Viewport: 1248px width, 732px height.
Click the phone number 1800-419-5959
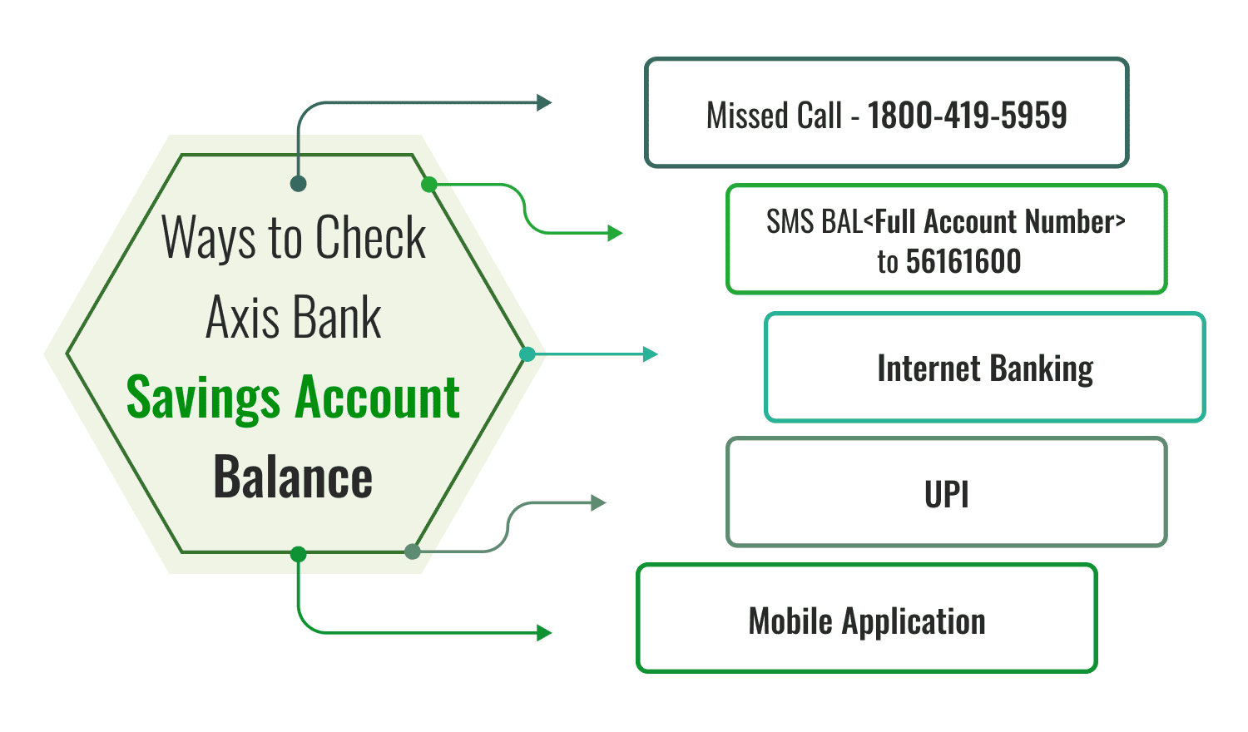coord(967,116)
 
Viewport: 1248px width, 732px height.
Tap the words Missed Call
coord(774,116)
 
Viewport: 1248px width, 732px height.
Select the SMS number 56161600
coord(963,262)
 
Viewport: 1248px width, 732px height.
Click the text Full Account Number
coord(999,222)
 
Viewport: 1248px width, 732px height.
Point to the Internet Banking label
coord(985,368)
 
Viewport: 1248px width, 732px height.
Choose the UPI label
coord(947,495)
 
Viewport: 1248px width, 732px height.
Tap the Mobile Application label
coord(867,621)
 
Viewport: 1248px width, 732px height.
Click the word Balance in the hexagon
coord(293,477)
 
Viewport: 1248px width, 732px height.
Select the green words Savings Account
coord(293,398)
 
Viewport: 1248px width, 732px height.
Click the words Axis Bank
coord(293,318)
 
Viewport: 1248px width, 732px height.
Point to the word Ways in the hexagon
coord(210,238)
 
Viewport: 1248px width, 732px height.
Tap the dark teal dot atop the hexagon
coord(298,184)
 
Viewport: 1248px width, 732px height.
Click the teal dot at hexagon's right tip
coord(527,354)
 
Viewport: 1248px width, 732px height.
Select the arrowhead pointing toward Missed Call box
coord(545,103)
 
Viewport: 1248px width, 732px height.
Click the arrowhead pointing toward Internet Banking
coord(651,354)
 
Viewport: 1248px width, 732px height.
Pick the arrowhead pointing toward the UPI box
coord(598,502)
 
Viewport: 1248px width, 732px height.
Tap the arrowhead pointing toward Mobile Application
coord(545,633)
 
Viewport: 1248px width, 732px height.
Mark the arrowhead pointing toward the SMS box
coord(616,233)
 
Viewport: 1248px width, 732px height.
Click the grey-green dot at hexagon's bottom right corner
coord(413,551)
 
